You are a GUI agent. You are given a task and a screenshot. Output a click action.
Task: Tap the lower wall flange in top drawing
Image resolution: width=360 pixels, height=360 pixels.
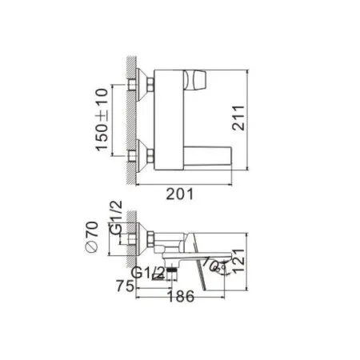click(x=147, y=154)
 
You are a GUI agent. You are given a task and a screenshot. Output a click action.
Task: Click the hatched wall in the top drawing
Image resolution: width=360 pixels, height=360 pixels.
click(x=134, y=120)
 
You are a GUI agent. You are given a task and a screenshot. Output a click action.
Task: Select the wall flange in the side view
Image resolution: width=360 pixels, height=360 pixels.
click(x=146, y=238)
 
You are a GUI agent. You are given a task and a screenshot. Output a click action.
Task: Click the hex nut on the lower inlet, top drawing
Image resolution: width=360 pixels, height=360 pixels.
click(x=139, y=154)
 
